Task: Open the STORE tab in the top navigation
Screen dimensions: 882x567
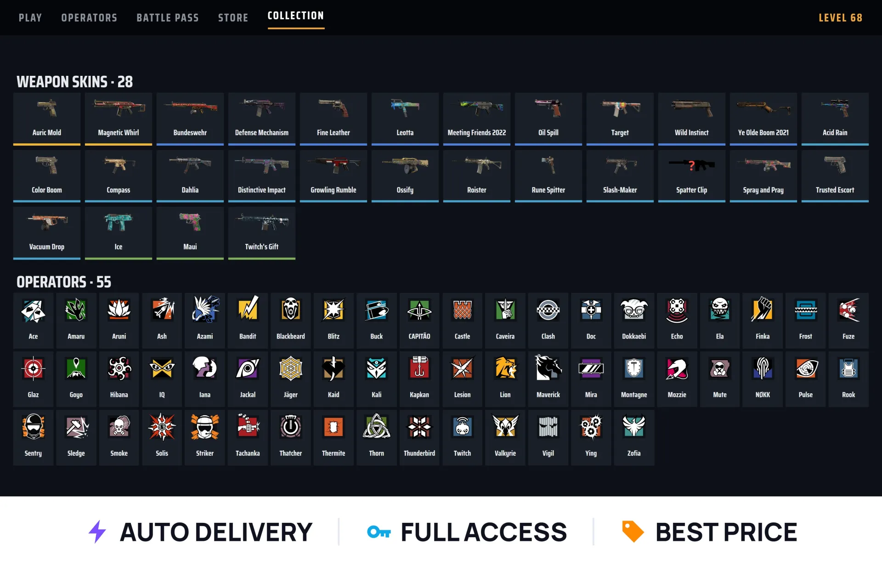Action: point(233,18)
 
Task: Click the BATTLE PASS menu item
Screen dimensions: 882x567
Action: point(168,18)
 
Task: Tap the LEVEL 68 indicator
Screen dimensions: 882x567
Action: point(840,18)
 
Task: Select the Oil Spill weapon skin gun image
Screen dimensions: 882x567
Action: point(548,108)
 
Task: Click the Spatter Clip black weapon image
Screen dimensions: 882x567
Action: point(692,164)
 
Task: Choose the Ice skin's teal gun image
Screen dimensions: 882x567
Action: point(119,222)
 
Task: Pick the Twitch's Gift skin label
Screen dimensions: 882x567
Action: point(262,247)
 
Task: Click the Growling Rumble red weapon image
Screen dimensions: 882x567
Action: point(334,165)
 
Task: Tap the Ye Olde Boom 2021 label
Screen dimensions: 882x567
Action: point(763,133)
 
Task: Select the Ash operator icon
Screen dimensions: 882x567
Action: point(162,309)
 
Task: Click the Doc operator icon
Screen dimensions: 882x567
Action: point(591,309)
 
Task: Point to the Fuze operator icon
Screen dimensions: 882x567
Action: point(848,309)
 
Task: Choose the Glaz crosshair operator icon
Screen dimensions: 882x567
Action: point(33,368)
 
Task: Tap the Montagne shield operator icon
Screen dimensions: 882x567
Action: point(634,368)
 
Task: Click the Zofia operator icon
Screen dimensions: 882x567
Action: point(634,426)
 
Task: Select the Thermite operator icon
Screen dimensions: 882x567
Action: point(334,427)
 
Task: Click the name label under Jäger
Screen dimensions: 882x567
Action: point(291,395)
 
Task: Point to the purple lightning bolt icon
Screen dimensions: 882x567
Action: point(97,532)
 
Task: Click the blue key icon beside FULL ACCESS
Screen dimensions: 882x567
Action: point(379,532)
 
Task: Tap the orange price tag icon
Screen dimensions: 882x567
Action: point(633,532)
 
